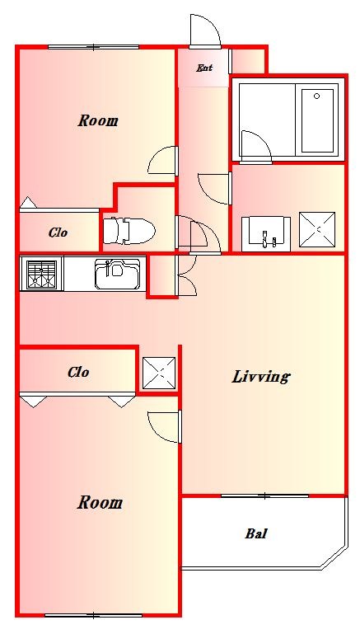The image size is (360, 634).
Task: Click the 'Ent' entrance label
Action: click(x=204, y=68)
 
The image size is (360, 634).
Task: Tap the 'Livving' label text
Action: click(x=261, y=377)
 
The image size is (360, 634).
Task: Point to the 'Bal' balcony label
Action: click(x=256, y=533)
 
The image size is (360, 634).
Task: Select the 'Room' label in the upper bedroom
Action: click(x=98, y=120)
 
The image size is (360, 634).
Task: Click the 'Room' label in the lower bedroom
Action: click(x=100, y=503)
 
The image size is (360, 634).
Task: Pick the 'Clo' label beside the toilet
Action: click(x=58, y=232)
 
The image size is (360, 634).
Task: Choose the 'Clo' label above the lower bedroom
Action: click(x=78, y=372)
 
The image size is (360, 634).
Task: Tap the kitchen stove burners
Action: click(x=41, y=275)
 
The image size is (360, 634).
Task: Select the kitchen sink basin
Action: click(x=117, y=274)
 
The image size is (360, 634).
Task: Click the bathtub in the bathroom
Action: click(x=317, y=120)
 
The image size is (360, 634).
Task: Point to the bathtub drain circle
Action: click(x=317, y=96)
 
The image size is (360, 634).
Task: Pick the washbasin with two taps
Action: click(x=266, y=234)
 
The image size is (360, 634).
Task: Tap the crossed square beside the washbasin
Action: click(x=317, y=230)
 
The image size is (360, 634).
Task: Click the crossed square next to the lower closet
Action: click(x=159, y=373)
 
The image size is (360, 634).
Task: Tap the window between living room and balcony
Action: click(x=264, y=495)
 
